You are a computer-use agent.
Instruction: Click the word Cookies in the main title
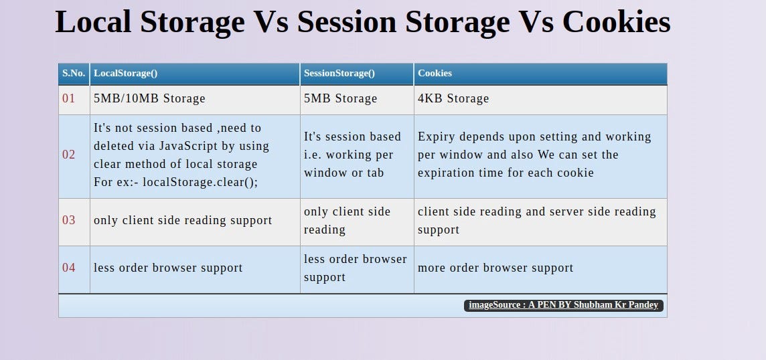point(616,22)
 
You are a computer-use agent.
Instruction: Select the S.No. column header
point(74,73)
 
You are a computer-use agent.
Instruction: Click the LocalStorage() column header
point(125,73)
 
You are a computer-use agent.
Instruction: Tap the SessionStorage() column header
point(339,73)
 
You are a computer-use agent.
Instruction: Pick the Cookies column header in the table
point(435,73)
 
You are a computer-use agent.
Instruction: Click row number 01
point(69,98)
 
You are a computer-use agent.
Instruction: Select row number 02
point(69,155)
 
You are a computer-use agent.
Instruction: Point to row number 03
point(69,220)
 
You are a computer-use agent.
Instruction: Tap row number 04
point(69,268)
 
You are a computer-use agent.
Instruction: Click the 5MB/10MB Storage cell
point(149,98)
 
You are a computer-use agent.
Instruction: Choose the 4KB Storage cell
point(453,98)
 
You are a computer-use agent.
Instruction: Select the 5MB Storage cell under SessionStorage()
point(340,98)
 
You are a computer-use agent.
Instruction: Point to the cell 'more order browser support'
point(495,268)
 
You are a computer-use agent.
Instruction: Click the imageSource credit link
point(563,305)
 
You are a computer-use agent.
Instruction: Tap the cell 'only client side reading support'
point(183,220)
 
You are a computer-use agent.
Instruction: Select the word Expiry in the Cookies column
point(436,137)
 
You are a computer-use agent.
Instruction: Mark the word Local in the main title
point(93,22)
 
